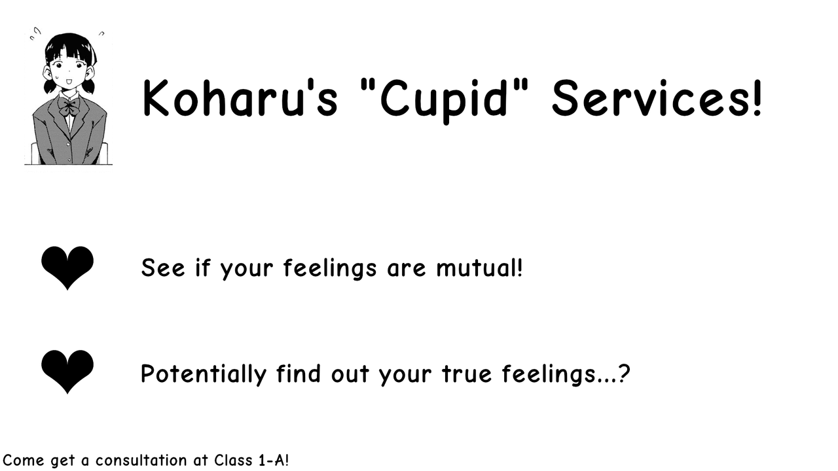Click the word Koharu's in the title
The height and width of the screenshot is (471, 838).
click(240, 98)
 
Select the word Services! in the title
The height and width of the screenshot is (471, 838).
click(657, 98)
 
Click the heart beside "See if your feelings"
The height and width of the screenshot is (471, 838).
click(67, 267)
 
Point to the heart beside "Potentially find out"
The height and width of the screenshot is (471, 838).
click(67, 371)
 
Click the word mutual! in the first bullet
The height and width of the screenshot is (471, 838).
click(479, 268)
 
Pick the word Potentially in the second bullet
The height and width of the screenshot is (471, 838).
click(204, 374)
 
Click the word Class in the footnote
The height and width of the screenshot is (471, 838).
click(232, 461)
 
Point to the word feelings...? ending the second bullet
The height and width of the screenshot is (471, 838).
click(566, 374)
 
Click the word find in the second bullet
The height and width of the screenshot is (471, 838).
click(298, 374)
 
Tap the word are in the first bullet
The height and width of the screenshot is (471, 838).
click(407, 269)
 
